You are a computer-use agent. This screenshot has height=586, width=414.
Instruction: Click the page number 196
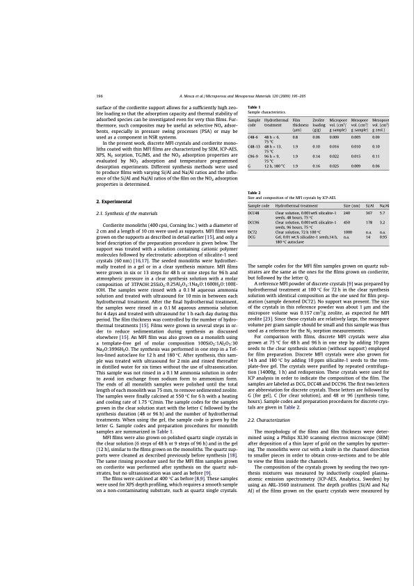click(99, 95)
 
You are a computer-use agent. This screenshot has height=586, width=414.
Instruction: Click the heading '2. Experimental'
click(113, 200)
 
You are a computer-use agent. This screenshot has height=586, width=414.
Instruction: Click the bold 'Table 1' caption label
click(255, 106)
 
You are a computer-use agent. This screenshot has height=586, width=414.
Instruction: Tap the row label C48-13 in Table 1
click(255, 148)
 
